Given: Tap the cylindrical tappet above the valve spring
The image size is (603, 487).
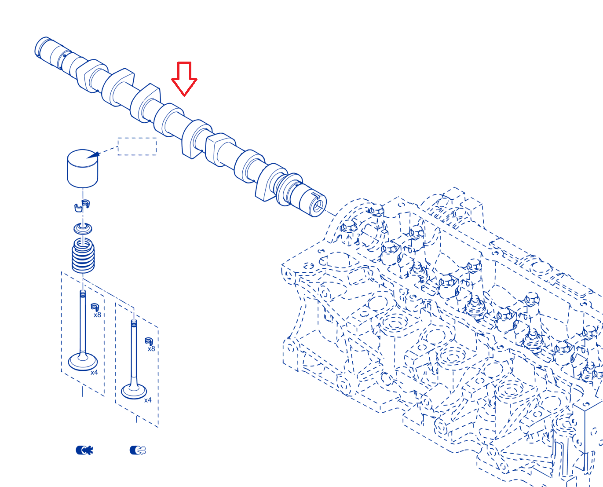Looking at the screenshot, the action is pyautogui.click(x=82, y=168).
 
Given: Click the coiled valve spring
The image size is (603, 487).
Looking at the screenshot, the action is pyautogui.click(x=83, y=256).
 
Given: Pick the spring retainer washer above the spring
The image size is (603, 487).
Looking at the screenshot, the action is pyautogui.click(x=83, y=228).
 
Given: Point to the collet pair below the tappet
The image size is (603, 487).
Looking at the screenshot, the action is pyautogui.click(x=82, y=205).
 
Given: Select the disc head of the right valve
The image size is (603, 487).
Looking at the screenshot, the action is pyautogui.click(x=134, y=391).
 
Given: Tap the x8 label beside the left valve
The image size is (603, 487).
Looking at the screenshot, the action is pyautogui.click(x=97, y=315).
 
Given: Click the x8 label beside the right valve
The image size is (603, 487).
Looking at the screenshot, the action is pyautogui.click(x=151, y=348).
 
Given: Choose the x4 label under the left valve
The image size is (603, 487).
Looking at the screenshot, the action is pyautogui.click(x=94, y=372).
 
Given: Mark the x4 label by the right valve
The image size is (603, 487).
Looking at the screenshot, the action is pyautogui.click(x=148, y=400).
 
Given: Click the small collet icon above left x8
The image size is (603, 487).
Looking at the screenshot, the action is pyautogui.click(x=95, y=307).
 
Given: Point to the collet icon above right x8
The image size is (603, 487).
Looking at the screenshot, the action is pyautogui.click(x=149, y=341).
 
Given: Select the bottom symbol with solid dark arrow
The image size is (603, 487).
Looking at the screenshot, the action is pyautogui.click(x=84, y=450).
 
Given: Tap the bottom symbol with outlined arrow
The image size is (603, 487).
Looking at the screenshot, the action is pyautogui.click(x=138, y=450).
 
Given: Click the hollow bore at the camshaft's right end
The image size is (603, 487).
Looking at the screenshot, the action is pyautogui.click(x=318, y=206).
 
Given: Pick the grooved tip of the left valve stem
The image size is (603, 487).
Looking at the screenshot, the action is pyautogui.click(x=83, y=294).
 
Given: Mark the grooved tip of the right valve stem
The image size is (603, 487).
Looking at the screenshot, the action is pyautogui.click(x=134, y=323).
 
